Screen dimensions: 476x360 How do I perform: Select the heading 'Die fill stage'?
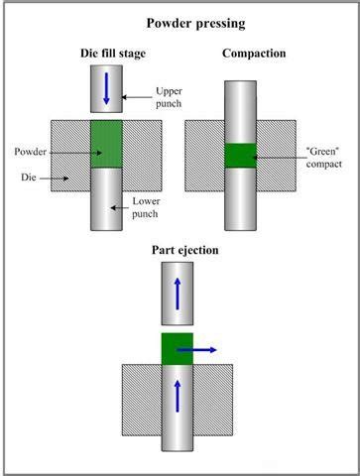106,52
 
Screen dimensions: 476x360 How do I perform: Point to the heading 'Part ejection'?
184,250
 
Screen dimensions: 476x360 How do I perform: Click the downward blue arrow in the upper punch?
106,89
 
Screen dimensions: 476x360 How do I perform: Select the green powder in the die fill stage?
106,144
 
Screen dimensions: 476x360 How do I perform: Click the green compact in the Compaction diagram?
241,156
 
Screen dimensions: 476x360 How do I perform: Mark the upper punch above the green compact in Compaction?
241,109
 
